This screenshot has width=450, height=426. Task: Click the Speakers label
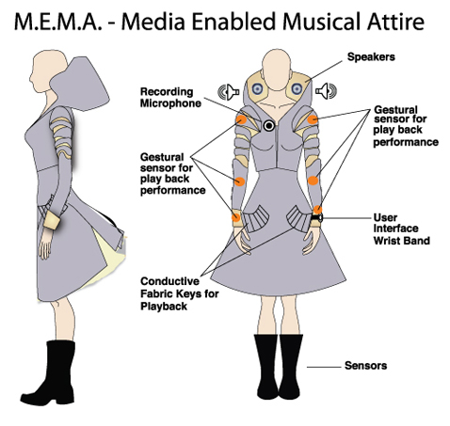(371, 57)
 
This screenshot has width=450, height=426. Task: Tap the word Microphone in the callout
(170, 103)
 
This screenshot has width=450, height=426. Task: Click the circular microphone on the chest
(269, 126)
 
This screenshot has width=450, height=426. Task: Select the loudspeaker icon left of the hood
(229, 92)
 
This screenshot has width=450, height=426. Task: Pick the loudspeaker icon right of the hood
(326, 91)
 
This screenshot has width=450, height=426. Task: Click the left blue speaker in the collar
(257, 89)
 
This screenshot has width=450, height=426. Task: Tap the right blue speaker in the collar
(297, 88)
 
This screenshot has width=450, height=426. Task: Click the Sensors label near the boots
(365, 366)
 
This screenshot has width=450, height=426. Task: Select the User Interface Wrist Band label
(401, 229)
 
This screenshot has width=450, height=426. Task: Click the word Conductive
(169, 281)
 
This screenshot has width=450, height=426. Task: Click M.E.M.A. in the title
(58, 22)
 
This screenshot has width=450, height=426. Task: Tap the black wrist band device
(316, 217)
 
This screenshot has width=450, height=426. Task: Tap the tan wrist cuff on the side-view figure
(52, 219)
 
